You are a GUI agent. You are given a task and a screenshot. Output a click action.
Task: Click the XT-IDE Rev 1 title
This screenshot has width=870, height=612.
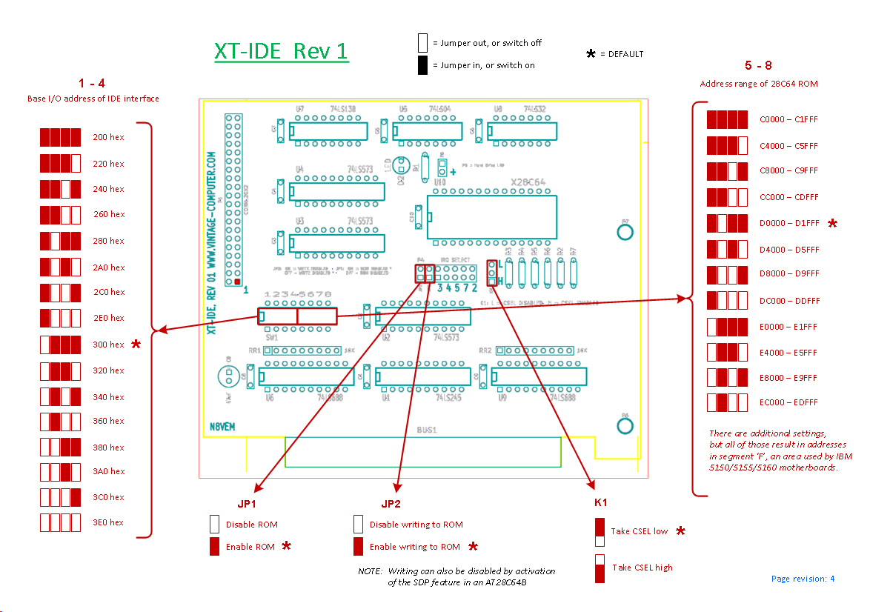(281, 51)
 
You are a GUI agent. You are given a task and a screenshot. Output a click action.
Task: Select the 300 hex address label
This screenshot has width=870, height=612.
(108, 345)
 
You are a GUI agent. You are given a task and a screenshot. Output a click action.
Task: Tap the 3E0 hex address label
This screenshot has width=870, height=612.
(108, 522)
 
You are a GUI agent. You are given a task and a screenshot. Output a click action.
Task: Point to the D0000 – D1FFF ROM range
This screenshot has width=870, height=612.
(788, 223)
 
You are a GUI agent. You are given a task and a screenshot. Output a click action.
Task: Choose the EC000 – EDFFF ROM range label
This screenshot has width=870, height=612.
(788, 402)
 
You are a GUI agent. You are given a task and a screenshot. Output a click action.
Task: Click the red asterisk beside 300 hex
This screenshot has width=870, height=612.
(136, 345)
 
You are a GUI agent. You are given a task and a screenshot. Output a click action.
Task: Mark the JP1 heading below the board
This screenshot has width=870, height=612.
(247, 505)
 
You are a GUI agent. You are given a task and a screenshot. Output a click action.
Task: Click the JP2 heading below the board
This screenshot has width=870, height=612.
(391, 505)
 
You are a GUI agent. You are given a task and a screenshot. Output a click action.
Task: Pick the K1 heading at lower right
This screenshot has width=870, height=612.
(601, 502)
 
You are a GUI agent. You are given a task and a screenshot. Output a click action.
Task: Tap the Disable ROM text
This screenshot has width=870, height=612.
(252, 525)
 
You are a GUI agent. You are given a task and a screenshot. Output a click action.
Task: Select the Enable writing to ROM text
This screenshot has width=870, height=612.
(415, 547)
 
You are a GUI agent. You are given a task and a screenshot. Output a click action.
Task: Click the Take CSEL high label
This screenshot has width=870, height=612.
(642, 568)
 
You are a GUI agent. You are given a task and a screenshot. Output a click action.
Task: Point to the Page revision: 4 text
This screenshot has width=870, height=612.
(803, 579)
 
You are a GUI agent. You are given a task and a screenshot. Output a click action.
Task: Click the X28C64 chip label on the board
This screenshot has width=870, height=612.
(528, 182)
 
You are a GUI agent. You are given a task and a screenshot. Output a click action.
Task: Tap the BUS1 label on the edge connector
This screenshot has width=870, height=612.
(426, 429)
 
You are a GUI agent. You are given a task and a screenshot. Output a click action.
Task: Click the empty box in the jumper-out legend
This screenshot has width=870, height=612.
(422, 42)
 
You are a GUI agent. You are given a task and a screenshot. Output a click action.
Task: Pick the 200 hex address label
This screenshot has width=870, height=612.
(108, 137)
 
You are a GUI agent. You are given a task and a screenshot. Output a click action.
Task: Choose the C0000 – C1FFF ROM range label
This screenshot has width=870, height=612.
(788, 119)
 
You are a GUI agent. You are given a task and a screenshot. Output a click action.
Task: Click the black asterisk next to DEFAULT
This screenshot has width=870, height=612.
(591, 54)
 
